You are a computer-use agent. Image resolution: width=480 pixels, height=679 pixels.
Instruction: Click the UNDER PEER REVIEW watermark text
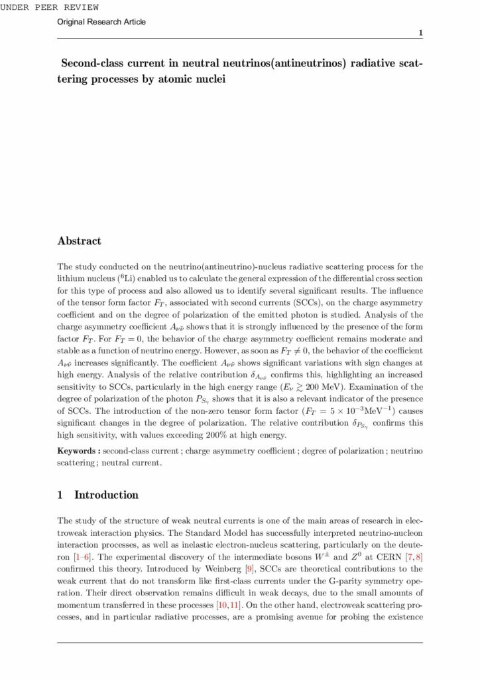[x=50, y=7]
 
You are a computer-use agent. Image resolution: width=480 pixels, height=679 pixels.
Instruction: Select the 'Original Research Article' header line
[x=101, y=22]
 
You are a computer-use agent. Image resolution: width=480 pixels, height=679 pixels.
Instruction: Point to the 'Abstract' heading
[x=79, y=241]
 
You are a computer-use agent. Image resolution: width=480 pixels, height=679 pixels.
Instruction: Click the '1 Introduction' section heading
[x=98, y=495]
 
